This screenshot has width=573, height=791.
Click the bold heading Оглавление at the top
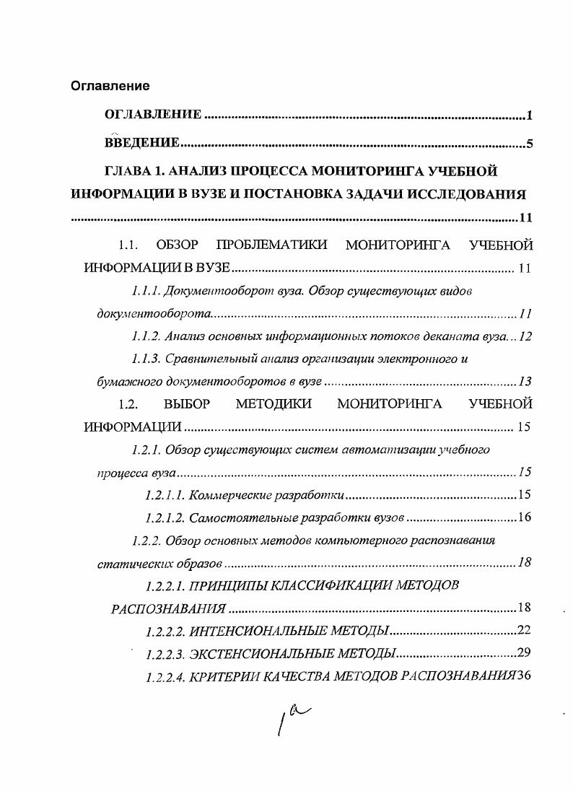(x=110, y=86)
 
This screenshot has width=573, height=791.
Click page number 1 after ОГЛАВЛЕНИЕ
(x=529, y=115)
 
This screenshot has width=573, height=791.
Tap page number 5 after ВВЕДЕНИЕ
(x=529, y=144)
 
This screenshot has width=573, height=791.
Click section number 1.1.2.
(x=146, y=336)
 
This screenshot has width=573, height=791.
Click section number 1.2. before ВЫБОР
(x=128, y=403)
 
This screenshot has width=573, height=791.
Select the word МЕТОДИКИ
(x=274, y=403)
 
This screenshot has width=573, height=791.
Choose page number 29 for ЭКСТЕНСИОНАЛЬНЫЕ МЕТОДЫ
(x=525, y=654)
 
